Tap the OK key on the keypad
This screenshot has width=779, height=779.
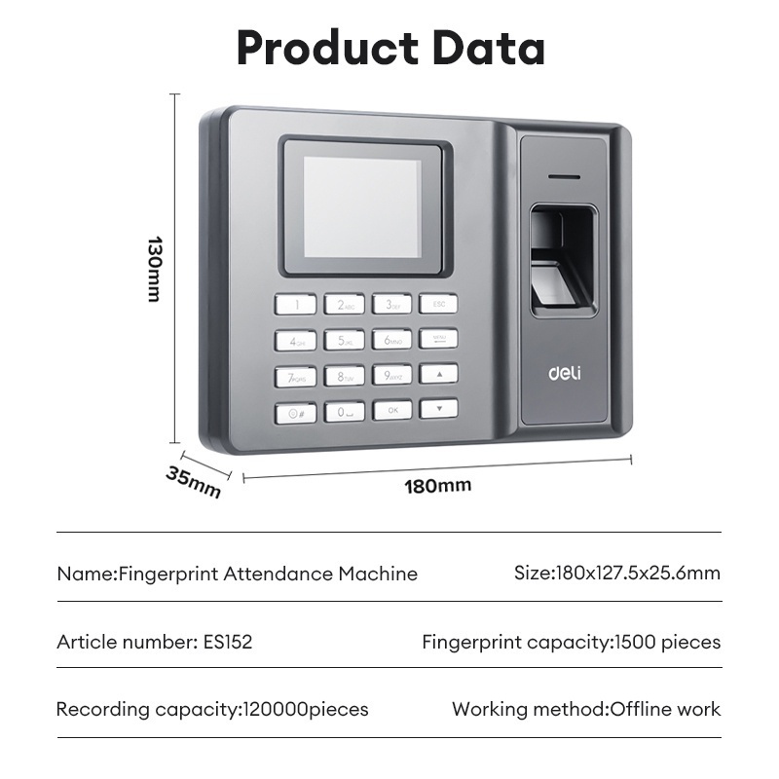[x=392, y=410]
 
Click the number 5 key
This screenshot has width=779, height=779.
[x=344, y=340]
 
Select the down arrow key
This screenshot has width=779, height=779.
[x=439, y=408]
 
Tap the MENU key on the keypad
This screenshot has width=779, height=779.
[x=439, y=338]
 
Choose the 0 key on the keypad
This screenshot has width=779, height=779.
[x=344, y=412]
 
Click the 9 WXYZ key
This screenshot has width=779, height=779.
[x=392, y=374]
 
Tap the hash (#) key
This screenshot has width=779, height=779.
[x=295, y=413]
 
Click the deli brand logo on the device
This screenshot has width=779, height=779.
[x=564, y=373]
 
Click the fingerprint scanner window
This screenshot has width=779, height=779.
[x=563, y=257]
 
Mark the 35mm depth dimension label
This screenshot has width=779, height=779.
[x=193, y=482]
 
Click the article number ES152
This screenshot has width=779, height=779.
[x=227, y=642]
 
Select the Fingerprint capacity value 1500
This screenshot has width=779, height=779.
[x=636, y=642]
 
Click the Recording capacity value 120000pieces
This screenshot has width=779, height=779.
[x=305, y=709]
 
